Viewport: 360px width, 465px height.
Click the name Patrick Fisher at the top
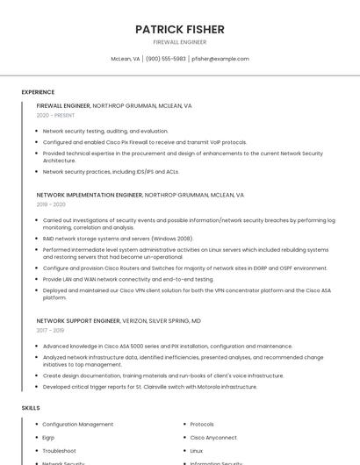[180, 29]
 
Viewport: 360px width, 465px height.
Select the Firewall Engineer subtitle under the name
[180, 42]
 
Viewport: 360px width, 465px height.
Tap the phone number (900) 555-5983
[166, 59]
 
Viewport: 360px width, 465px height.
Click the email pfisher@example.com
[220, 59]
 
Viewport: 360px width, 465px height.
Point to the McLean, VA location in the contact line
[125, 59]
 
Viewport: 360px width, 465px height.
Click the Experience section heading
[38, 92]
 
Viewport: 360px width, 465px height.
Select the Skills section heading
[31, 408]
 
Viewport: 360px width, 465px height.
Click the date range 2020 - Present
[55, 115]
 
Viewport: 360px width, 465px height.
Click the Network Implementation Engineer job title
[89, 195]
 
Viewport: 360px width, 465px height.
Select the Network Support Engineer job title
[78, 321]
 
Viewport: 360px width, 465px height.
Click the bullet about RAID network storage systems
[118, 238]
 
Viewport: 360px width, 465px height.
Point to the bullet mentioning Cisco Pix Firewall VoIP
[145, 142]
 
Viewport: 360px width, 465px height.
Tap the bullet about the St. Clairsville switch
[150, 386]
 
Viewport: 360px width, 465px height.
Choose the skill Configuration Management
[78, 425]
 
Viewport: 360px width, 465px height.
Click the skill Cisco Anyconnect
[213, 437]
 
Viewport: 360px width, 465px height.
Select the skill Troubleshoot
[60, 450]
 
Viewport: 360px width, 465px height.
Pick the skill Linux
[197, 450]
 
